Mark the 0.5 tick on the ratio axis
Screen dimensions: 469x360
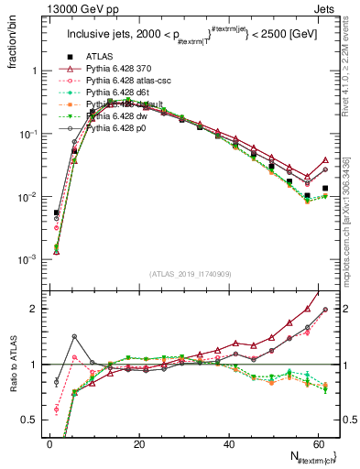29,420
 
